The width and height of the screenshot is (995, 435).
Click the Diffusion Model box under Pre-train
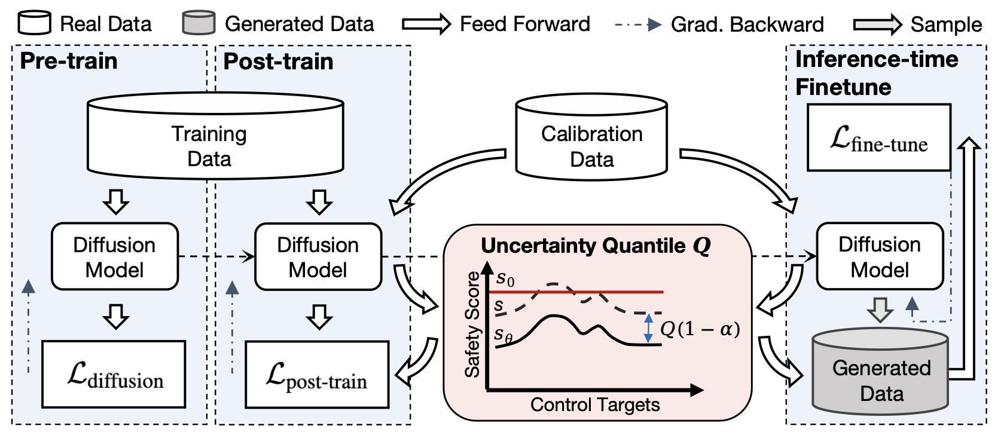[x=115, y=257]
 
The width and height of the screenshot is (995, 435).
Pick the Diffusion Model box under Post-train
[x=318, y=257]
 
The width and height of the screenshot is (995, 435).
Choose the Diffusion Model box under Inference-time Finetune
[x=880, y=256]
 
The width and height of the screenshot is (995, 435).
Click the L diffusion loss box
[x=114, y=375]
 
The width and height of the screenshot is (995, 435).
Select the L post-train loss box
[x=317, y=375]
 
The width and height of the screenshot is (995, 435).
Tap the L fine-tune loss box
[x=878, y=138]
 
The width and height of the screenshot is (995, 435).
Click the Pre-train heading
[x=69, y=61]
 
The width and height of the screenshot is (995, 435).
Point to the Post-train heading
[x=278, y=62]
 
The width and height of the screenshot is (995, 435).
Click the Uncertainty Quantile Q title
[x=596, y=246]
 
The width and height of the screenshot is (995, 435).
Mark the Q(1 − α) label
[x=700, y=329]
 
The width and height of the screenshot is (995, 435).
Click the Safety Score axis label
[x=472, y=324]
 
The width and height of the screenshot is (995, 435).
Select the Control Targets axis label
[x=595, y=405]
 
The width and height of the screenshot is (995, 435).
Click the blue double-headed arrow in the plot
[x=648, y=328]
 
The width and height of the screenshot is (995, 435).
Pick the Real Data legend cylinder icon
[x=34, y=23]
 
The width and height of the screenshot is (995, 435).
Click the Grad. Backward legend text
[x=747, y=24]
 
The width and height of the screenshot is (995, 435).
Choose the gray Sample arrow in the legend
[x=877, y=24]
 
